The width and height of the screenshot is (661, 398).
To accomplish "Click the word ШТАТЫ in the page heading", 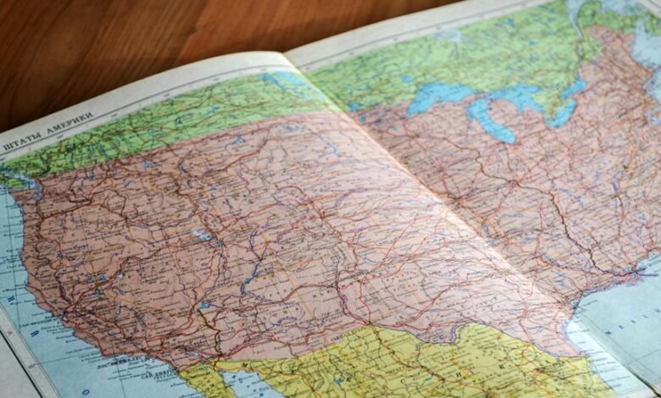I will [21, 143].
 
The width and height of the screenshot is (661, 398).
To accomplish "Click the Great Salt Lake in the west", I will [201, 235].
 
